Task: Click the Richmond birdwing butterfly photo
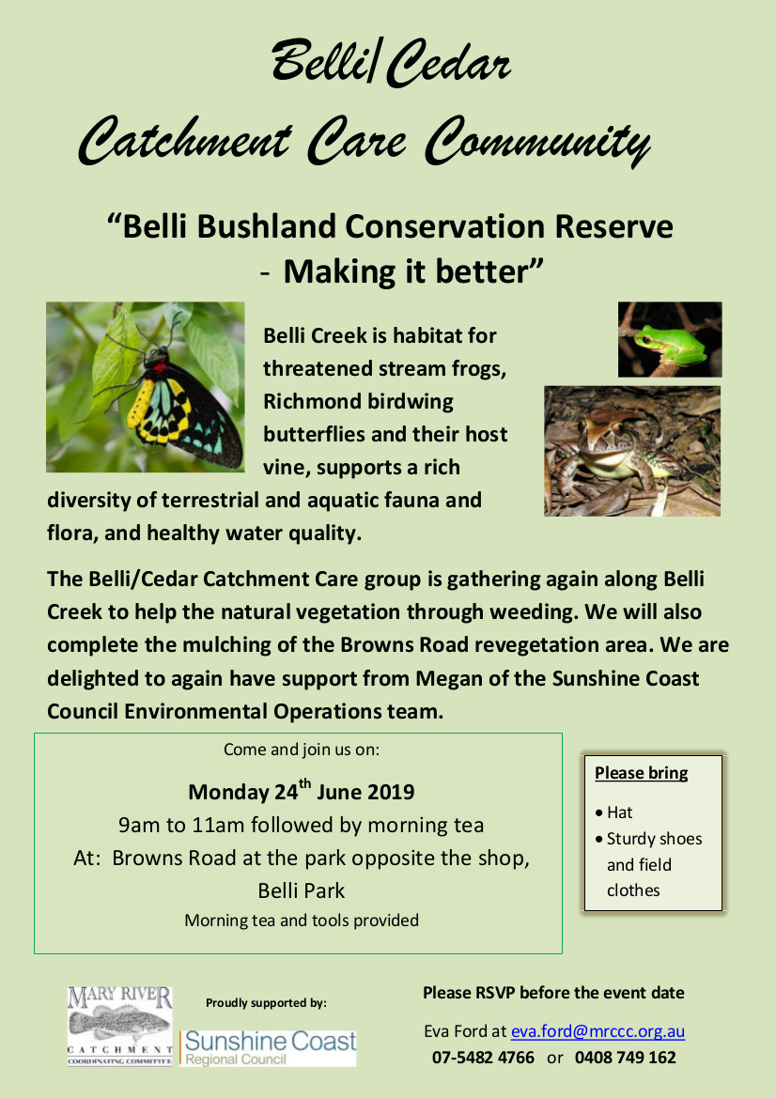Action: [145, 387]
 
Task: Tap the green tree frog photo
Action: [670, 340]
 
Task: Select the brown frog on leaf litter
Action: [632, 451]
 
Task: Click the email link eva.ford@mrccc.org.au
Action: [598, 1031]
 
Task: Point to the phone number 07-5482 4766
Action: [483, 1058]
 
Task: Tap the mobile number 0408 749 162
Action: [626, 1058]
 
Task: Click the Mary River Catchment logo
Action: [119, 1026]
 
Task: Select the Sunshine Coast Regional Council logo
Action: [269, 1047]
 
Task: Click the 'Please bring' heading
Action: [641, 773]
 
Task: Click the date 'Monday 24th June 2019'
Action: [302, 791]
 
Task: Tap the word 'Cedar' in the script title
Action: [447, 63]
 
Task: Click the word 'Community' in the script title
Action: [537, 142]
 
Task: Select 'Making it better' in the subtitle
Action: [413, 271]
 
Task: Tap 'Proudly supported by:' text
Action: [266, 1003]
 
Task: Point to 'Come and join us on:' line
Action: [302, 750]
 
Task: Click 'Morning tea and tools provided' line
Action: [302, 920]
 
